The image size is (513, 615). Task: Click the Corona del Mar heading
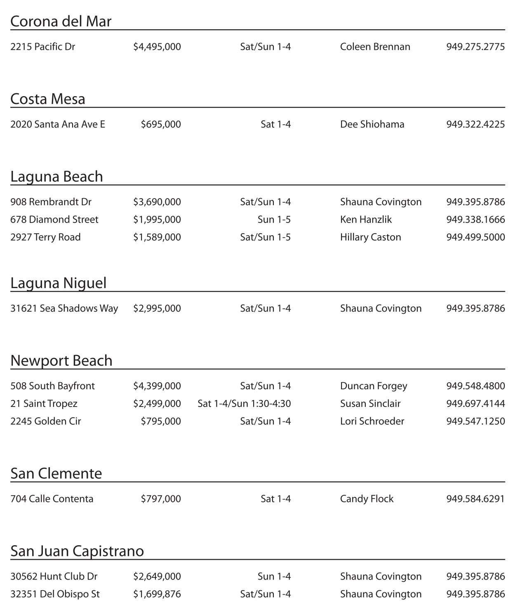pos(61,21)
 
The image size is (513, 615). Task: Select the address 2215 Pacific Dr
pos(42,47)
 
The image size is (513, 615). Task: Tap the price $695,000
pos(161,124)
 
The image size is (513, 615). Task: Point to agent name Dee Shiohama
pos(372,124)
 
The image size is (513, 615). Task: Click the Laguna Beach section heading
pos(56,177)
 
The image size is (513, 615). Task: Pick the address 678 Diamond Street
pos(54,220)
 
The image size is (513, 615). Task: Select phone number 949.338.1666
pos(475,220)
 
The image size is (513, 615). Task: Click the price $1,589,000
pos(157,237)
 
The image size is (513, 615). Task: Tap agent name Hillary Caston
pos(370,237)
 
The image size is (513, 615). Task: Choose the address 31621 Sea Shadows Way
pos(64,308)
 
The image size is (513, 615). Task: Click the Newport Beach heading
pos(61,361)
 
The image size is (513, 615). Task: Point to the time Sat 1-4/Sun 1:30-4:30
pos(244,404)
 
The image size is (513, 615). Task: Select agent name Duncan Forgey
pos(373,386)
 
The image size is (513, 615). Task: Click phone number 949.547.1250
pos(475,421)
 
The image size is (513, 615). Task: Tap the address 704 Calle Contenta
pos(52,499)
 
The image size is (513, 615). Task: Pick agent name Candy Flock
pos(367,499)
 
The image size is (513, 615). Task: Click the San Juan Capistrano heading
pos(77,551)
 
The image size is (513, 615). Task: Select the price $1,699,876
pos(157,594)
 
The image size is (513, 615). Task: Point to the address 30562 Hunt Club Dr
pos(54,577)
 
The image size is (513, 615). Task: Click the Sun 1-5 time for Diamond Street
pos(274,220)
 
